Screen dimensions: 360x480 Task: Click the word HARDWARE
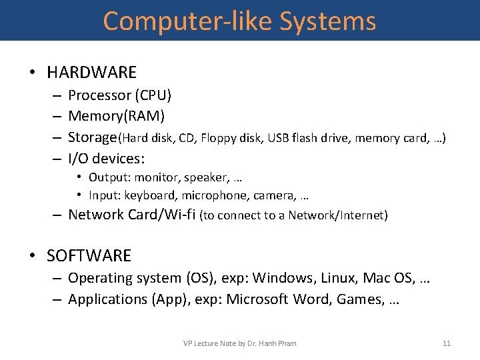point(91,72)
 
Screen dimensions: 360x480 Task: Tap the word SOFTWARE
point(89,255)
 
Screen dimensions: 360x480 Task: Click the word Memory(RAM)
point(117,116)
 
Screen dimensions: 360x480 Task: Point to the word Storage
point(93,137)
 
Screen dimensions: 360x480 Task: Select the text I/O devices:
point(107,159)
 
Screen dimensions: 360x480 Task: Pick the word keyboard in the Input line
point(151,196)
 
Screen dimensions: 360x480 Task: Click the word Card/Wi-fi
point(163,215)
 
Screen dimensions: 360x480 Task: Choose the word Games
point(360,299)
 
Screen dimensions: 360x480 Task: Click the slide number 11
point(447,343)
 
